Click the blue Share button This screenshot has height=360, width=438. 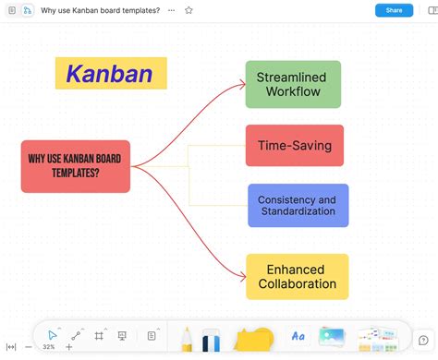coord(394,10)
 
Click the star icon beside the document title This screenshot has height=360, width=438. coord(189,10)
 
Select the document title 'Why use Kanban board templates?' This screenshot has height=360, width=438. coord(100,10)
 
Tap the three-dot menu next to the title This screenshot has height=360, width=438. coord(171,10)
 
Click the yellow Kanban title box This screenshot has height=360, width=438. coord(111,73)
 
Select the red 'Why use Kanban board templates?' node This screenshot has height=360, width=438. coord(76,166)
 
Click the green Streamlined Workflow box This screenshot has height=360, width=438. coord(293,84)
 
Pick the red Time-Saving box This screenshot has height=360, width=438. coord(294,145)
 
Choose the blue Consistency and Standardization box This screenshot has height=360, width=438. coord(298,205)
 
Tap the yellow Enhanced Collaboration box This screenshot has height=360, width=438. coord(297,276)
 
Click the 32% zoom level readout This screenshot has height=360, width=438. coord(48,347)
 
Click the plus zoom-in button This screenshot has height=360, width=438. coord(68,347)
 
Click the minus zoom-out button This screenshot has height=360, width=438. coord(29,347)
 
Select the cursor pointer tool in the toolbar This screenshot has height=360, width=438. coord(53,334)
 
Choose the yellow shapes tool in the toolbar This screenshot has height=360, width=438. coord(253,339)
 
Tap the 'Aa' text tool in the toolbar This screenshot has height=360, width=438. coord(298,336)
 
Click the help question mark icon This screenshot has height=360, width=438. coord(423,340)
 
